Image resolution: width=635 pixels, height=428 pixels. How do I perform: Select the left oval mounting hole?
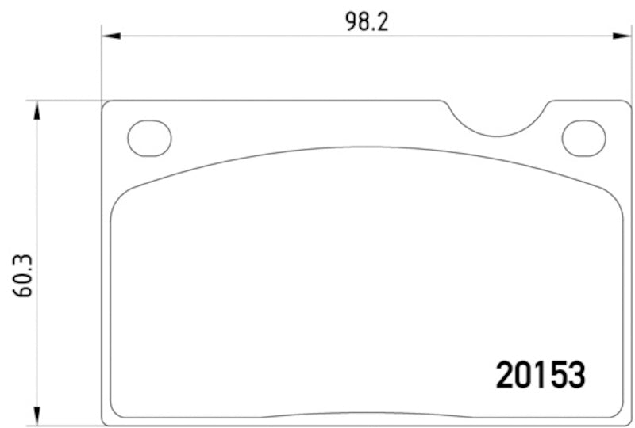[x=149, y=138]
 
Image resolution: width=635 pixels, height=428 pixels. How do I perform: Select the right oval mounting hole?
[x=583, y=138]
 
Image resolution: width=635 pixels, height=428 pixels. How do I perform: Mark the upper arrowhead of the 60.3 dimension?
[x=35, y=110]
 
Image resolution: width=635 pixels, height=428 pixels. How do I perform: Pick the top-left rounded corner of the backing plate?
[x=106, y=105]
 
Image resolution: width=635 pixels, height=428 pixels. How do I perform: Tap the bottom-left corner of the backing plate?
[x=106, y=421]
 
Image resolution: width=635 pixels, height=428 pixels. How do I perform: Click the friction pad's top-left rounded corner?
[x=119, y=198]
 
